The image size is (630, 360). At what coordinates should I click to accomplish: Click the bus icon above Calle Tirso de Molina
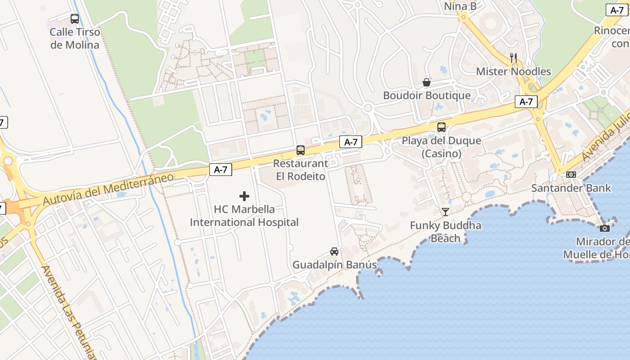click(75, 19)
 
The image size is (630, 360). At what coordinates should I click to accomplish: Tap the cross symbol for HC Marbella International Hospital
click(244, 196)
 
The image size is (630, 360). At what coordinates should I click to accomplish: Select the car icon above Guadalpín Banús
click(334, 252)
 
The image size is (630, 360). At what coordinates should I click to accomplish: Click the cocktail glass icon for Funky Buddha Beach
click(445, 212)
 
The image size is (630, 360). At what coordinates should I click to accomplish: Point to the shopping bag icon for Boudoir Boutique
click(427, 82)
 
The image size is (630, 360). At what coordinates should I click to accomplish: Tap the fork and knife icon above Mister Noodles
click(513, 58)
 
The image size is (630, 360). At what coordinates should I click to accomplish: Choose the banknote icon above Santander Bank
click(571, 175)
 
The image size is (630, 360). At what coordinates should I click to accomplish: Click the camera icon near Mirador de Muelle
click(605, 228)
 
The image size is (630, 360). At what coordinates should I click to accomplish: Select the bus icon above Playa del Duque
click(441, 127)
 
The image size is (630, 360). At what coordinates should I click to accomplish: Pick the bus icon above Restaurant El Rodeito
click(300, 150)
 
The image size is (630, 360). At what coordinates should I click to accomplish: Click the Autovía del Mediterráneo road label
click(108, 189)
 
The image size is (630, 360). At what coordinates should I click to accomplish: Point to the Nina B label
click(460, 6)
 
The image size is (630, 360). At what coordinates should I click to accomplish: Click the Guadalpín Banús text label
click(335, 265)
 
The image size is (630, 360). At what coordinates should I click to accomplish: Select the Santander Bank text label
click(571, 188)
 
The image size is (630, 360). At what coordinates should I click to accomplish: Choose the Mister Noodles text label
click(513, 72)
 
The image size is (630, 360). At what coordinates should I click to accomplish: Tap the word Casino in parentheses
click(441, 154)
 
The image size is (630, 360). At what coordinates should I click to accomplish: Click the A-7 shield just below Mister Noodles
click(526, 102)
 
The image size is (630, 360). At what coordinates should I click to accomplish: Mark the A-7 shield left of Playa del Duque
click(351, 142)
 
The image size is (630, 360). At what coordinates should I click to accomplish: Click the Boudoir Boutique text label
click(427, 95)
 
